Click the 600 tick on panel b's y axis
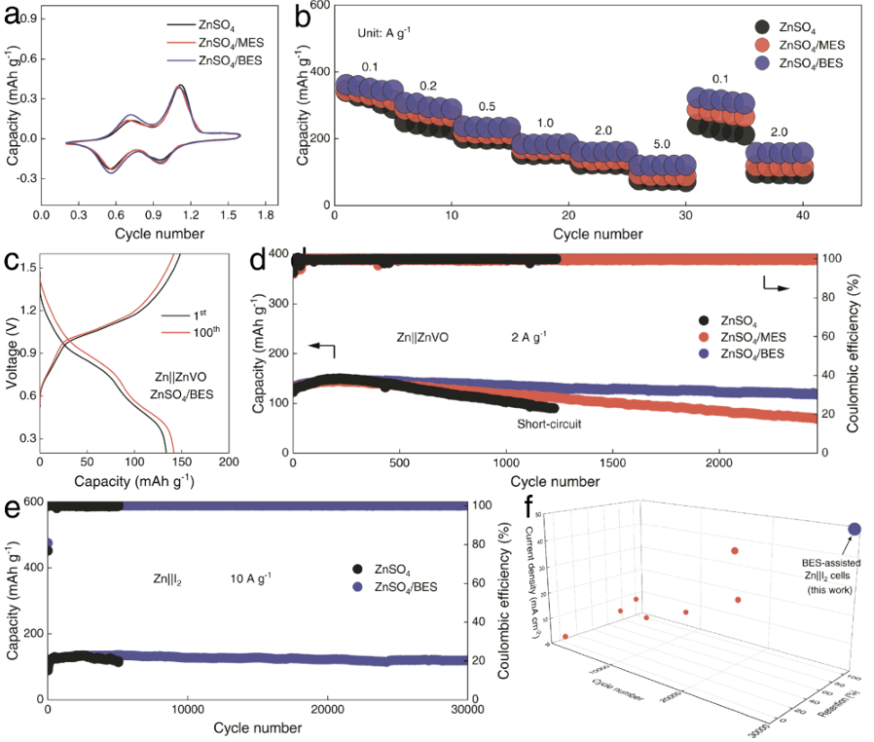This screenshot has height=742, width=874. pyautogui.click(x=315, y=6)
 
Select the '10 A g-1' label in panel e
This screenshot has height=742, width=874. pyautogui.click(x=250, y=578)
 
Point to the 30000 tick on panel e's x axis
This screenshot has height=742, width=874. pyautogui.click(x=468, y=710)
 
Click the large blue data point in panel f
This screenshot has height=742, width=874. pyautogui.click(x=855, y=529)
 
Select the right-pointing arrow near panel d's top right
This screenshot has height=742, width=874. pyautogui.click(x=774, y=282)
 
